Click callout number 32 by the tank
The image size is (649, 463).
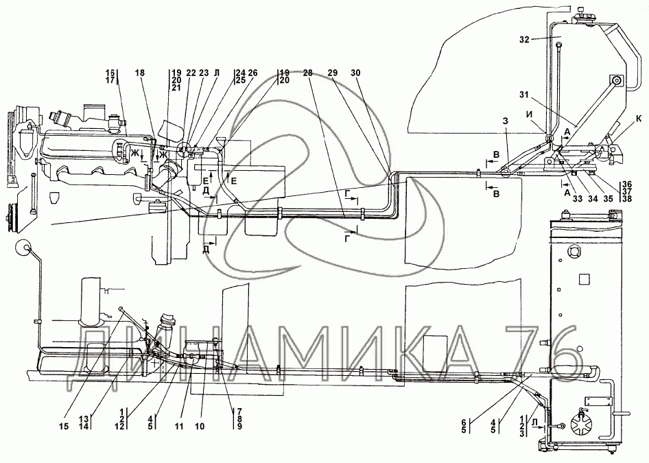(x=524, y=40)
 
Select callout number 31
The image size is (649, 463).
(x=524, y=95)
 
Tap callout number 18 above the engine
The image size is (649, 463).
(x=141, y=73)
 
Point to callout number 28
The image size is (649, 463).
(x=307, y=73)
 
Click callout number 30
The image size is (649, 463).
(x=355, y=73)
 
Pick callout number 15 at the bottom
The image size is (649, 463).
(x=63, y=427)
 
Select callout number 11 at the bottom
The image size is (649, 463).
(x=179, y=427)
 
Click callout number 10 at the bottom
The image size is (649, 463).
(x=200, y=427)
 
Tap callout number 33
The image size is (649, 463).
(x=578, y=199)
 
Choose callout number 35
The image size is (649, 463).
(x=608, y=199)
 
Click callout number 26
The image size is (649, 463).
(x=252, y=73)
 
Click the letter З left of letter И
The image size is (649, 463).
(x=505, y=121)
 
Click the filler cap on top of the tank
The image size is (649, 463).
(x=582, y=15)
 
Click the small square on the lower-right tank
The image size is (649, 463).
(x=585, y=280)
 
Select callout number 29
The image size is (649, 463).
(x=332, y=73)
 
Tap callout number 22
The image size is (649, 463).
(x=191, y=73)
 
